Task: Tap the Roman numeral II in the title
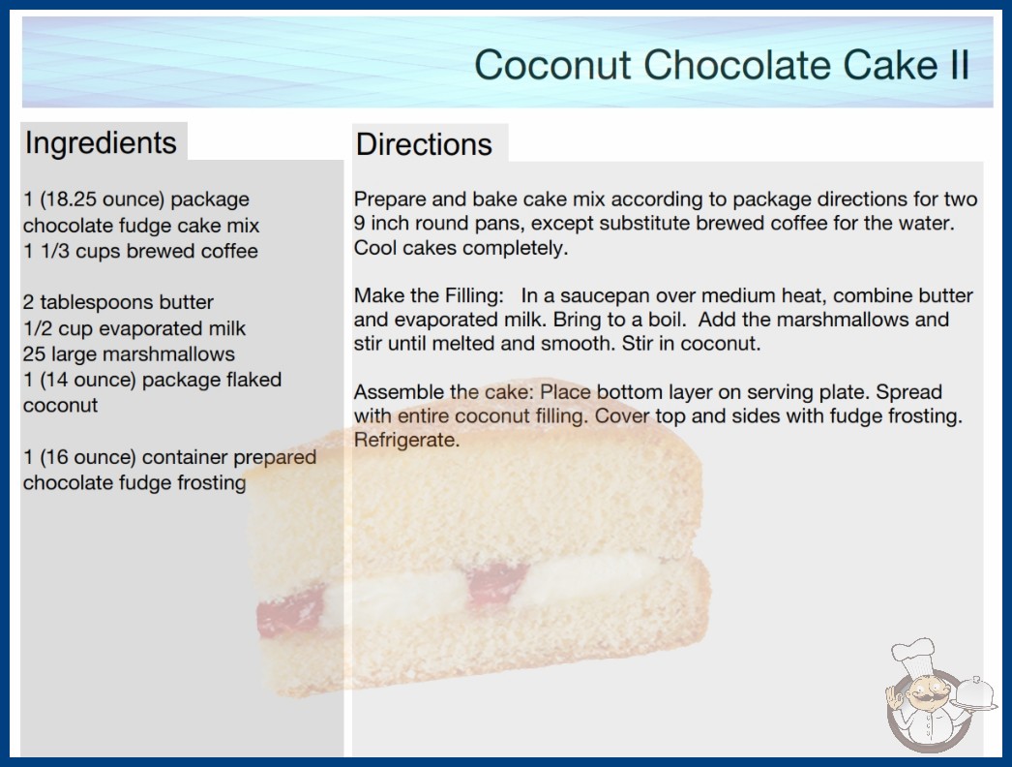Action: [958, 64]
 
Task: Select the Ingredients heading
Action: [101, 143]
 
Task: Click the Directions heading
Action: [424, 144]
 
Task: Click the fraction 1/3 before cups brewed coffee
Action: [55, 251]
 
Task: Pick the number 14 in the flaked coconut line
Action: [57, 380]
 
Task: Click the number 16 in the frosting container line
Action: [57, 457]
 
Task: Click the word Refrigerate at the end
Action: [406, 440]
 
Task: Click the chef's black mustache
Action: [925, 698]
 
